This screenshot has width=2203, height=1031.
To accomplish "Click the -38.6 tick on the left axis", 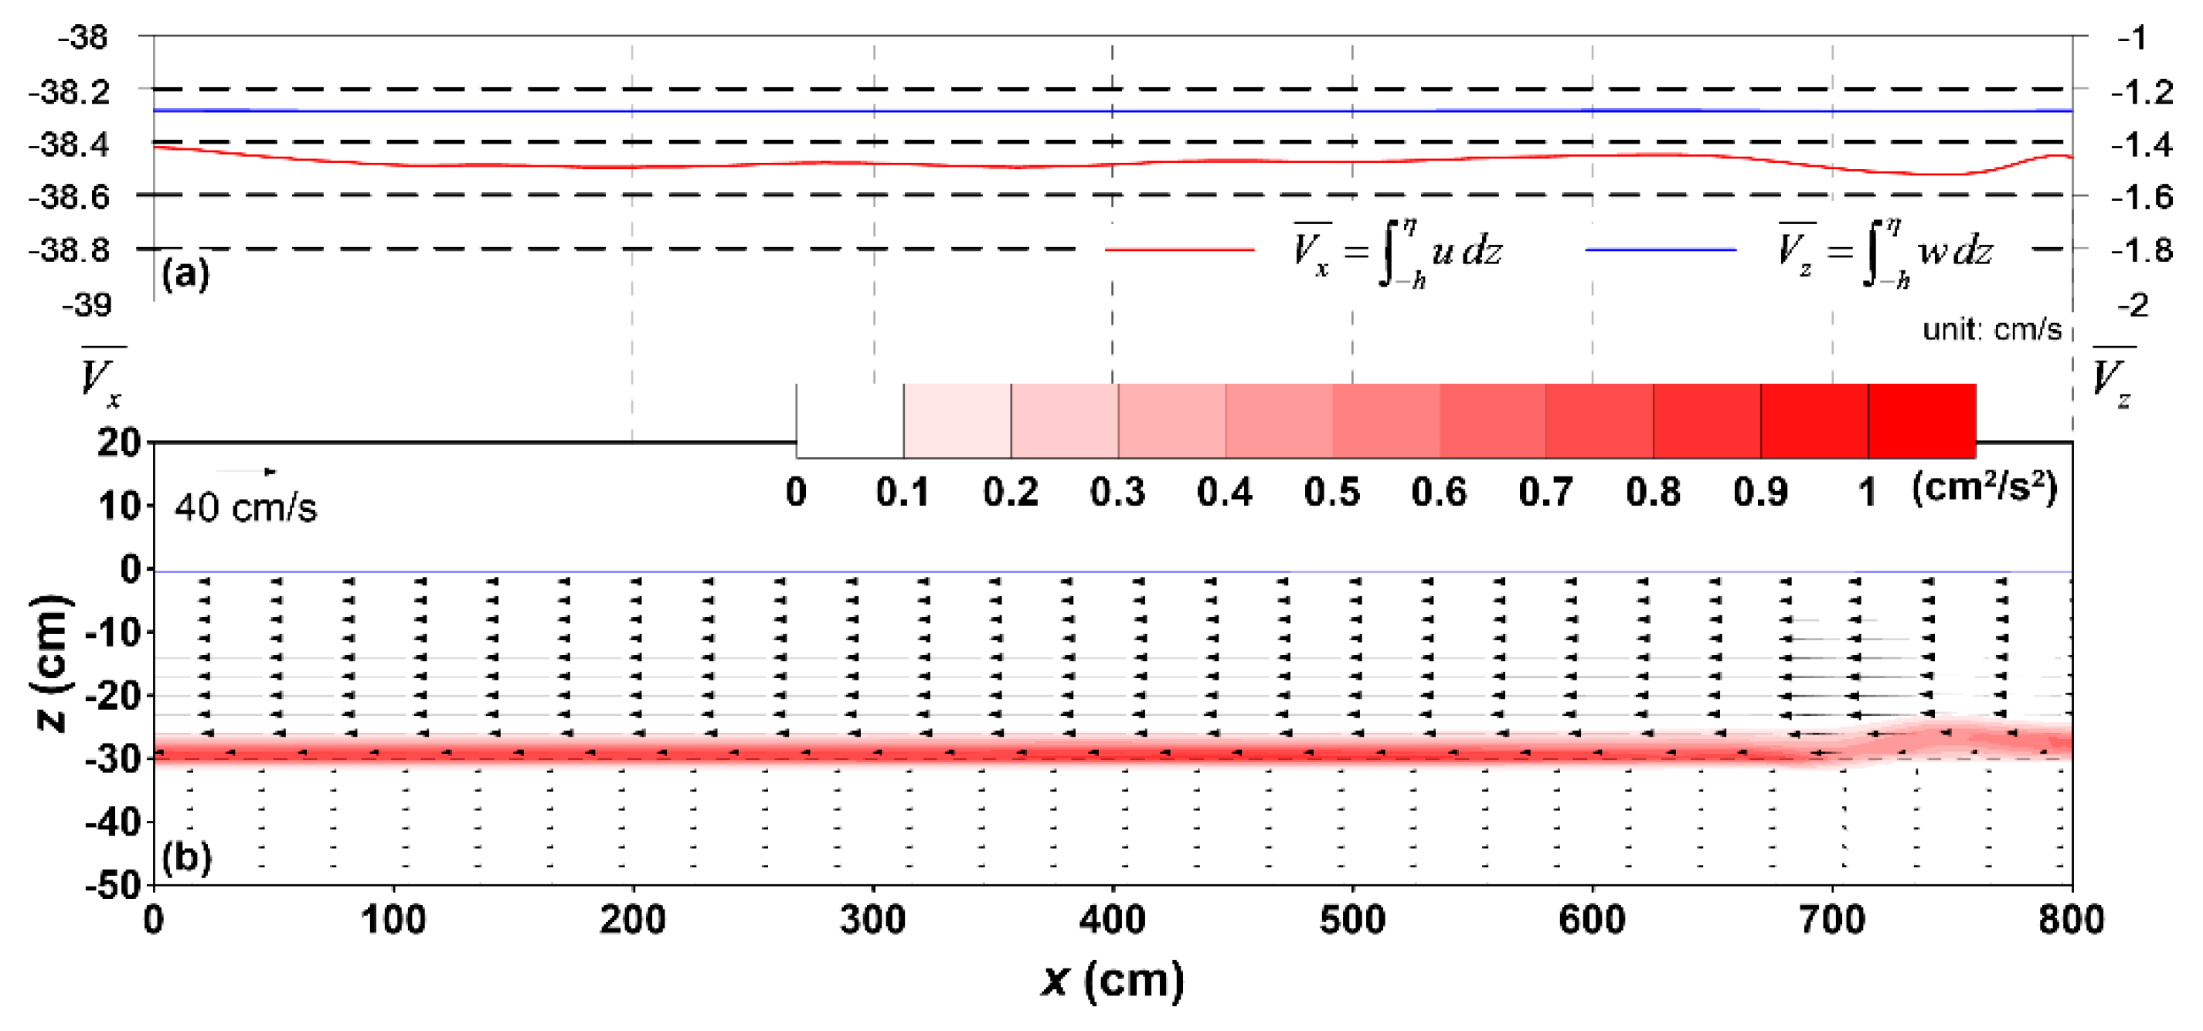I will [70, 198].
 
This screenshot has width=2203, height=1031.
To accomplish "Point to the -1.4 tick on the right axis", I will [2141, 144].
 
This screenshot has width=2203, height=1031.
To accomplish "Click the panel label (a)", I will [185, 274].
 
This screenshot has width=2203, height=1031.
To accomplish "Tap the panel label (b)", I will [186, 856].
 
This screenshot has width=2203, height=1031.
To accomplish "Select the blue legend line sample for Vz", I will [1660, 249].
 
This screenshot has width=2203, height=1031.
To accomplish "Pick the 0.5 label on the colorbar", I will [1331, 493].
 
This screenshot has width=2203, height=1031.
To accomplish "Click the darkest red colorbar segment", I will [1921, 421].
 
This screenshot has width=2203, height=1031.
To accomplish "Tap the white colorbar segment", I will [849, 421].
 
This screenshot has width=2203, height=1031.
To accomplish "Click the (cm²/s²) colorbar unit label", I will [1984, 489].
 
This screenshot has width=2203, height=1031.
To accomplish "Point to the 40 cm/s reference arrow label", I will [246, 508].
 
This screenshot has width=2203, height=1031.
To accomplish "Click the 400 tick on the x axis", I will [1112, 921].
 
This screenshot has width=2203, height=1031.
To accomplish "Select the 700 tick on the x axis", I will [1832, 921].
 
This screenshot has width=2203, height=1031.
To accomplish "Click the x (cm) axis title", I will [1113, 980].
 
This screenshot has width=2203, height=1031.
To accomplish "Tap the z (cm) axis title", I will [51, 663].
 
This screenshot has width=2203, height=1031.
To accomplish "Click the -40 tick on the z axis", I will [113, 822].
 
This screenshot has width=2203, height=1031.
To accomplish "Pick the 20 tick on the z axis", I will [118, 443].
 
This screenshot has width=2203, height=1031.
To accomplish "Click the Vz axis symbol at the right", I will [2113, 376].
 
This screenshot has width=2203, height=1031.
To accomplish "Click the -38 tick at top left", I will [83, 38].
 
